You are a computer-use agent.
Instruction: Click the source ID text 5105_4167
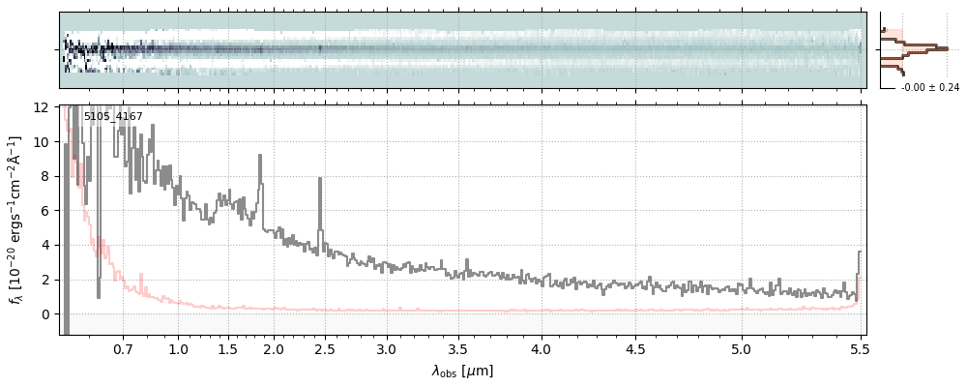[x=113, y=117]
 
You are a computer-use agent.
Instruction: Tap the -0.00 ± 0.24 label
[x=929, y=87]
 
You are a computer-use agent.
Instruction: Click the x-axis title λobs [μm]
[x=462, y=372]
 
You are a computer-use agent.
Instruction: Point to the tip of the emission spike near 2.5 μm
[x=320, y=178]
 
